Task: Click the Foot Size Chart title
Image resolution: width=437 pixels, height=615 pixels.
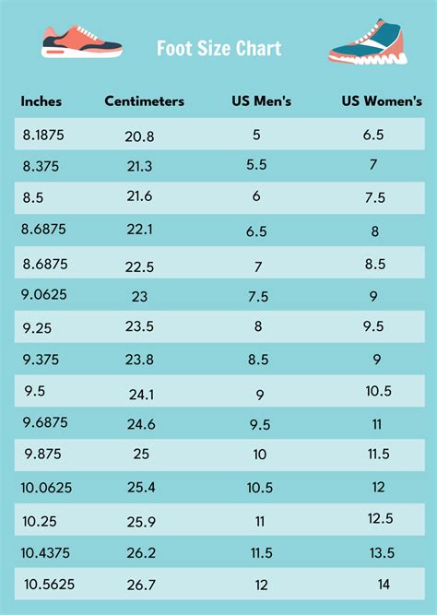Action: (218, 48)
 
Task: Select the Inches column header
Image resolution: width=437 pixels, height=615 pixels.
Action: (41, 101)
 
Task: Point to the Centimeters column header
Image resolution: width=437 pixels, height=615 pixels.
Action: (144, 101)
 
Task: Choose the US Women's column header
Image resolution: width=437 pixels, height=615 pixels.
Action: (381, 101)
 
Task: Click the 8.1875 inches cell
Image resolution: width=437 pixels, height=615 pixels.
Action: (45, 134)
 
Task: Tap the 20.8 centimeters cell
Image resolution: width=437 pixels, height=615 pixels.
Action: (139, 136)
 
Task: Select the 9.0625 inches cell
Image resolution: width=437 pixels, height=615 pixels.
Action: (45, 296)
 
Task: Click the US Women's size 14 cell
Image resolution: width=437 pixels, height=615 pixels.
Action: (382, 585)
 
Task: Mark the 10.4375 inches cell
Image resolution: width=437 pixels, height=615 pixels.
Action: (48, 551)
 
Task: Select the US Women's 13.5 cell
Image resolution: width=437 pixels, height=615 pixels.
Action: (382, 552)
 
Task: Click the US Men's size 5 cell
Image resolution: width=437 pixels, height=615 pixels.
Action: (256, 135)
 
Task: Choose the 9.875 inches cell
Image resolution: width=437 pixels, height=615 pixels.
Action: (42, 454)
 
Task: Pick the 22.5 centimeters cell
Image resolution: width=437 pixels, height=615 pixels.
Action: (139, 266)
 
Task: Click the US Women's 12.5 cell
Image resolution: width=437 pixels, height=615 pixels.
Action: (380, 518)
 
